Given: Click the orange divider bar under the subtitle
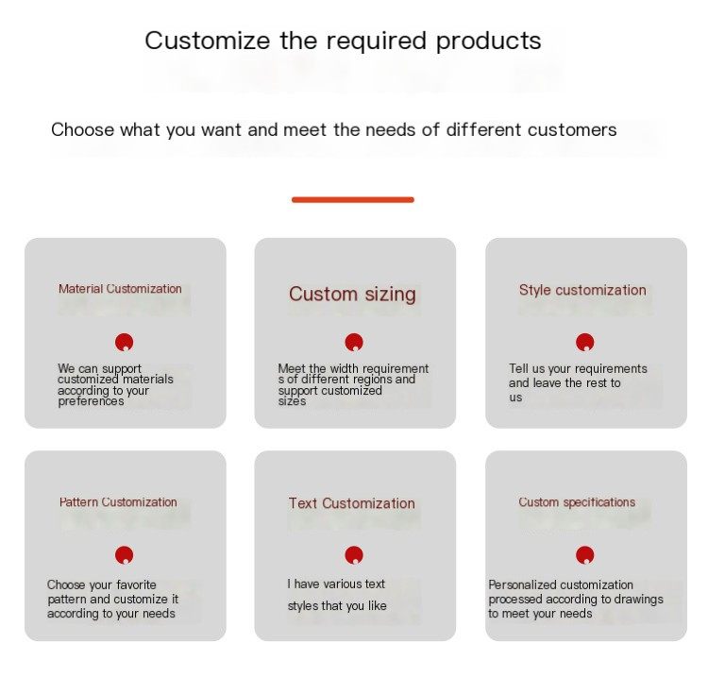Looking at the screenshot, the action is pos(353,199).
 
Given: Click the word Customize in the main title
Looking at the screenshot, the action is pos(208,41).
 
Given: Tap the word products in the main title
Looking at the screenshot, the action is pos(489,42).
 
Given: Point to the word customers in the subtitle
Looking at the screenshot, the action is pos(572,130).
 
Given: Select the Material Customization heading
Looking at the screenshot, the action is pos(120,289).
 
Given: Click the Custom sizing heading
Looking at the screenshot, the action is pos(352,295).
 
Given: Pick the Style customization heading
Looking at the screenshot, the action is pos(582,291).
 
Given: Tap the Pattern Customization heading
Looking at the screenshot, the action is pos(118,501).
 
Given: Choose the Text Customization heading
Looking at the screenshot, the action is pos(352,503).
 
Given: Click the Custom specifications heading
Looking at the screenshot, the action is pos(577,502).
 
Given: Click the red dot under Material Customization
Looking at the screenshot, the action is pos(125,343).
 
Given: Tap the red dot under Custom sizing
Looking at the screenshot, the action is pos(354,343).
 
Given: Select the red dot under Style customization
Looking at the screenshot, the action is pos(585,343).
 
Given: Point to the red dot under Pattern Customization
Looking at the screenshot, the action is pos(125,555).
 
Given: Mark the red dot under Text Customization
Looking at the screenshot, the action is pos(354,555).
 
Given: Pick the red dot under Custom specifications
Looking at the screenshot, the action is pos(585,555).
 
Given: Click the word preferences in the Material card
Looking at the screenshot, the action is pos(91,401).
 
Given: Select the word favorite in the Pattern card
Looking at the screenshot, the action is pos(136,584).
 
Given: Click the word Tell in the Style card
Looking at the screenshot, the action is pos(517,368).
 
